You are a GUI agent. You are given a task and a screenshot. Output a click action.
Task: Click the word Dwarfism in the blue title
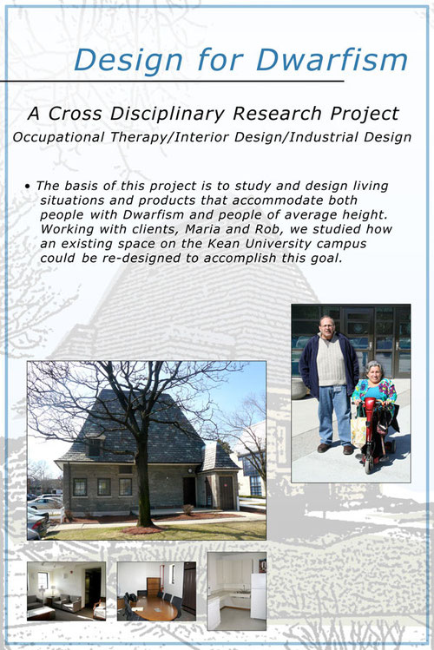pos(332,60)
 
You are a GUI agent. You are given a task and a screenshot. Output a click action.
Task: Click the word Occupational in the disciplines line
pos(58,137)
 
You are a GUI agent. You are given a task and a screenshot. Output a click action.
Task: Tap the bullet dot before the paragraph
pos(28,187)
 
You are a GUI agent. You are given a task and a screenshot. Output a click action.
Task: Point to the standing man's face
pos(326,327)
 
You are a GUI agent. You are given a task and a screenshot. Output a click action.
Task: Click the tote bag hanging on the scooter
pos(358,431)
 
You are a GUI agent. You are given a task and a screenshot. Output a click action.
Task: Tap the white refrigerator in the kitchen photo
pos(258,596)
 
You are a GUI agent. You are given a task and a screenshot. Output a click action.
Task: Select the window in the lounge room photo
pos(43,581)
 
